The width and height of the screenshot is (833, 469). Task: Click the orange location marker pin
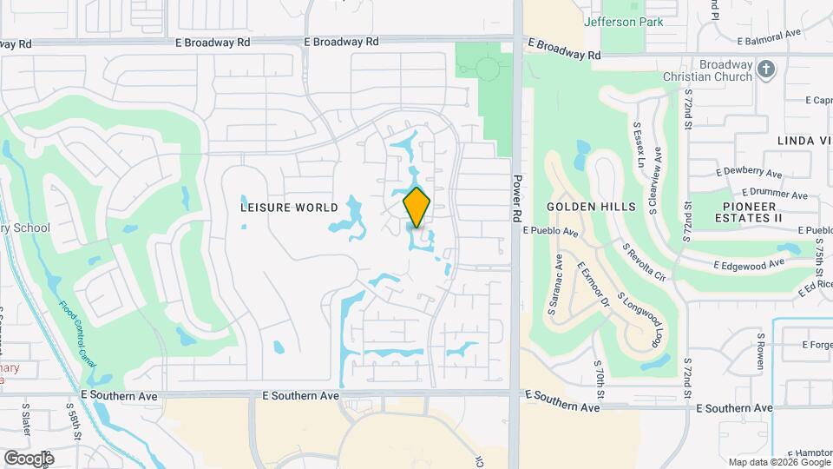[417, 206]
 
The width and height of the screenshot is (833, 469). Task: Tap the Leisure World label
[278, 208]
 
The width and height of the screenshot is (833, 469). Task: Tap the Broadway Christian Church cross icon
[765, 69]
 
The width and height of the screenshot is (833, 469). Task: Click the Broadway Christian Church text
[709, 70]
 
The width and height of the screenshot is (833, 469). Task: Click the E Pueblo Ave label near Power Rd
[551, 232]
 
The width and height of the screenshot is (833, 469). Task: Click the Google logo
[29, 458]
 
